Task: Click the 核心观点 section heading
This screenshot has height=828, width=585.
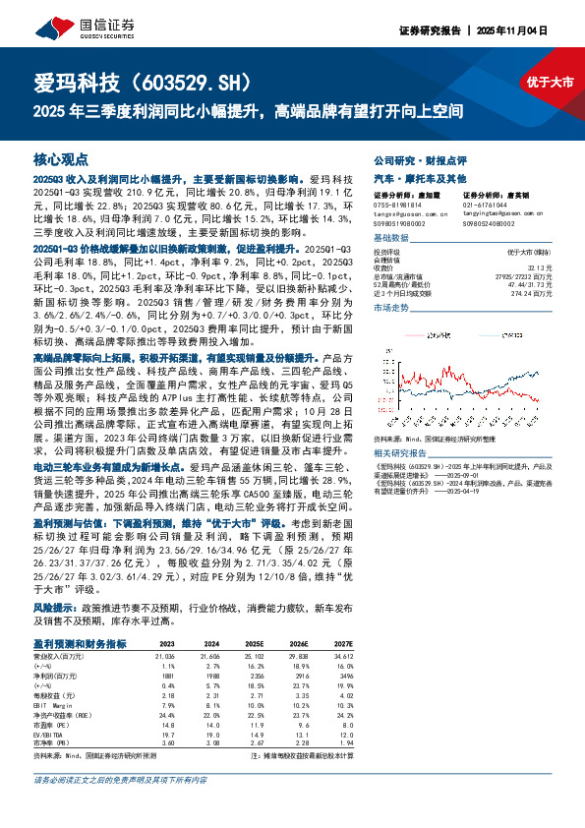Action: click(61, 158)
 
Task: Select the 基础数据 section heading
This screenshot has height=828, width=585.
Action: click(392, 239)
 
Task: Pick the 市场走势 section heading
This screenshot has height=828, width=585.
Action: click(392, 308)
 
